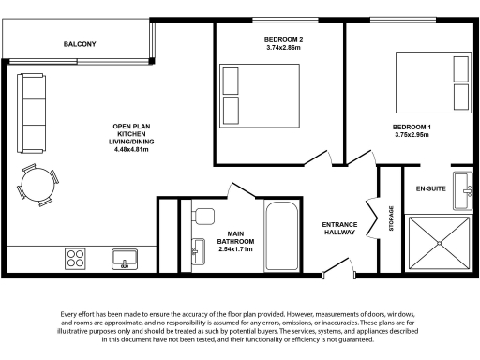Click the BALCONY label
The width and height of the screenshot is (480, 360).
(x=80, y=44)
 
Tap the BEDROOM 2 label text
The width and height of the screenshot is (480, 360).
(x=282, y=38)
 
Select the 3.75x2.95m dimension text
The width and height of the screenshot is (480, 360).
(x=411, y=135)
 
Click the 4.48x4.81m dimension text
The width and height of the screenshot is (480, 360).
(x=131, y=149)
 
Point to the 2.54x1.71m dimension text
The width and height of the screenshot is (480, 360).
(x=234, y=250)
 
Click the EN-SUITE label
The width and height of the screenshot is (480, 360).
(x=430, y=189)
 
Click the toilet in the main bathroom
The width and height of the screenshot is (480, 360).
(x=201, y=216)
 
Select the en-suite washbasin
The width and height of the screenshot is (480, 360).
(x=463, y=190)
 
